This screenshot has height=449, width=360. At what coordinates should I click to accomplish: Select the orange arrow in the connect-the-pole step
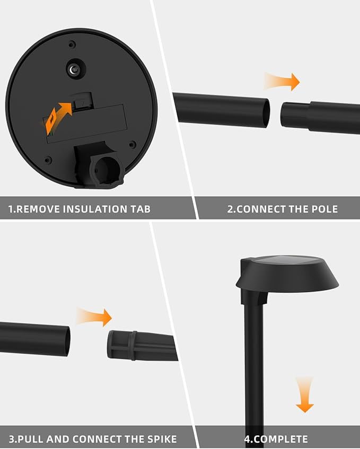point(283,82)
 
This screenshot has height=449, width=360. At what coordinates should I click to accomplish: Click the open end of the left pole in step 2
point(265,112)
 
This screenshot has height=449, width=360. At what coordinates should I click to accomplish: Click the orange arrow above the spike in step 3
point(94,317)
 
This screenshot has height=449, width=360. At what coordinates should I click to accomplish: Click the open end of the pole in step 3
point(65,340)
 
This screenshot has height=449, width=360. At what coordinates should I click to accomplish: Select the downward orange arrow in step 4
point(304,395)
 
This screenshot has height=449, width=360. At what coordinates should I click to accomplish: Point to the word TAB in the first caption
point(140,209)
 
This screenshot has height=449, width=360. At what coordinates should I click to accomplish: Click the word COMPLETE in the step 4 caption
point(281,439)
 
